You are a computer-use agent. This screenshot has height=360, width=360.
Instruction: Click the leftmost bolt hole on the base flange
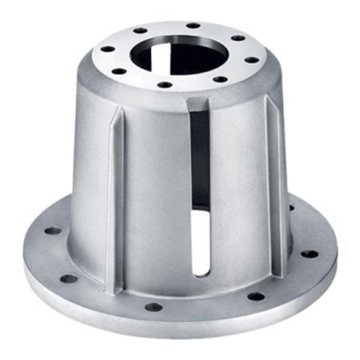[52, 231]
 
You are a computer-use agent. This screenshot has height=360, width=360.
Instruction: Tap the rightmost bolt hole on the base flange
[309, 254]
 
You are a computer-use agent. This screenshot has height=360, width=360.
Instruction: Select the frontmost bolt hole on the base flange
[154, 307]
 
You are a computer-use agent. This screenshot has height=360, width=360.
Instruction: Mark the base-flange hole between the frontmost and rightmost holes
[255, 296]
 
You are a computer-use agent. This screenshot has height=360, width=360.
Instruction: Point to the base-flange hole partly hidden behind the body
[291, 208]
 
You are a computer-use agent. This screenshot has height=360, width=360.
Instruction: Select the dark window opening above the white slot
[199, 157]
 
